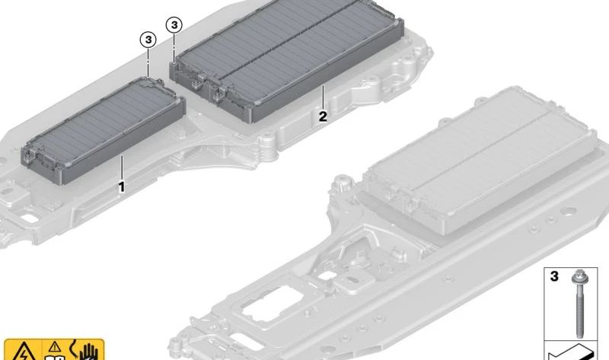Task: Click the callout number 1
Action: (122, 187)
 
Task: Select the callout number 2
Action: (323, 116)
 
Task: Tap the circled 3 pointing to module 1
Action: (148, 40)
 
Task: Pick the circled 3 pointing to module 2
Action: (174, 25)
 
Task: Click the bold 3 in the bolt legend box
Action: (554, 276)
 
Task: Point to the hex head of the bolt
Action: (579, 277)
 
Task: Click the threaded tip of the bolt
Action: (579, 334)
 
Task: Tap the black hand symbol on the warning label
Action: (88, 352)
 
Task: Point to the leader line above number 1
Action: (122, 167)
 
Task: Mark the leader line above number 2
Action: (323, 97)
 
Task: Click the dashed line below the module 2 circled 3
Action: (174, 46)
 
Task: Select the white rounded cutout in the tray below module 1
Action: (28, 218)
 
